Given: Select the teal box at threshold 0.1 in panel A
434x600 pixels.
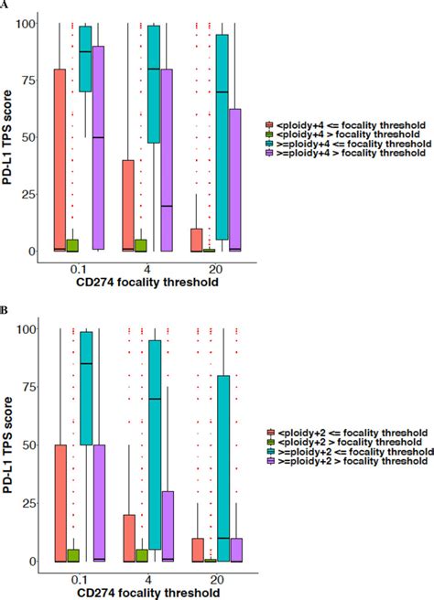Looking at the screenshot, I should point(92,59).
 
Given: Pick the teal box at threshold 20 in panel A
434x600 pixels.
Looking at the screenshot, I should point(222,137).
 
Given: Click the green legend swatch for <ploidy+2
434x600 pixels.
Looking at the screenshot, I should point(270,442).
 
